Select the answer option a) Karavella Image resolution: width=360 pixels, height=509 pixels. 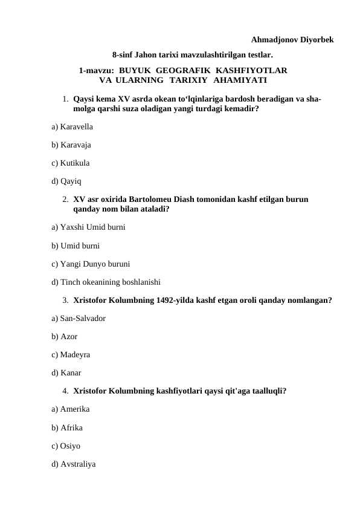[72, 128]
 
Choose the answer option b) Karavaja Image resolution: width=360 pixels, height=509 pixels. [72, 145]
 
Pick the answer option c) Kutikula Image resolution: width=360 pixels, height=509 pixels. [71, 163]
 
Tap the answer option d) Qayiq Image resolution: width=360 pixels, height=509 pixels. [67, 180]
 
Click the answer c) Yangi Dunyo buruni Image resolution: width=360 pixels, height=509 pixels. [91, 264]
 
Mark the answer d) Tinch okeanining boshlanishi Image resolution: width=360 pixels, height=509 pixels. [106, 281]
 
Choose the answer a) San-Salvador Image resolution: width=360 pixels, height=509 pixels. [79, 318]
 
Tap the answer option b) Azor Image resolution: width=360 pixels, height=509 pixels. [65, 336]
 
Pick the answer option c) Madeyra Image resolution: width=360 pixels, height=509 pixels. [71, 355]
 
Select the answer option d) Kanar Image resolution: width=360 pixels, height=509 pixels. [66, 373]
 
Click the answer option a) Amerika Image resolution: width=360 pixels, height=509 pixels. [71, 409]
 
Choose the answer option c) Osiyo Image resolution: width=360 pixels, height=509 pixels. [66, 446]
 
